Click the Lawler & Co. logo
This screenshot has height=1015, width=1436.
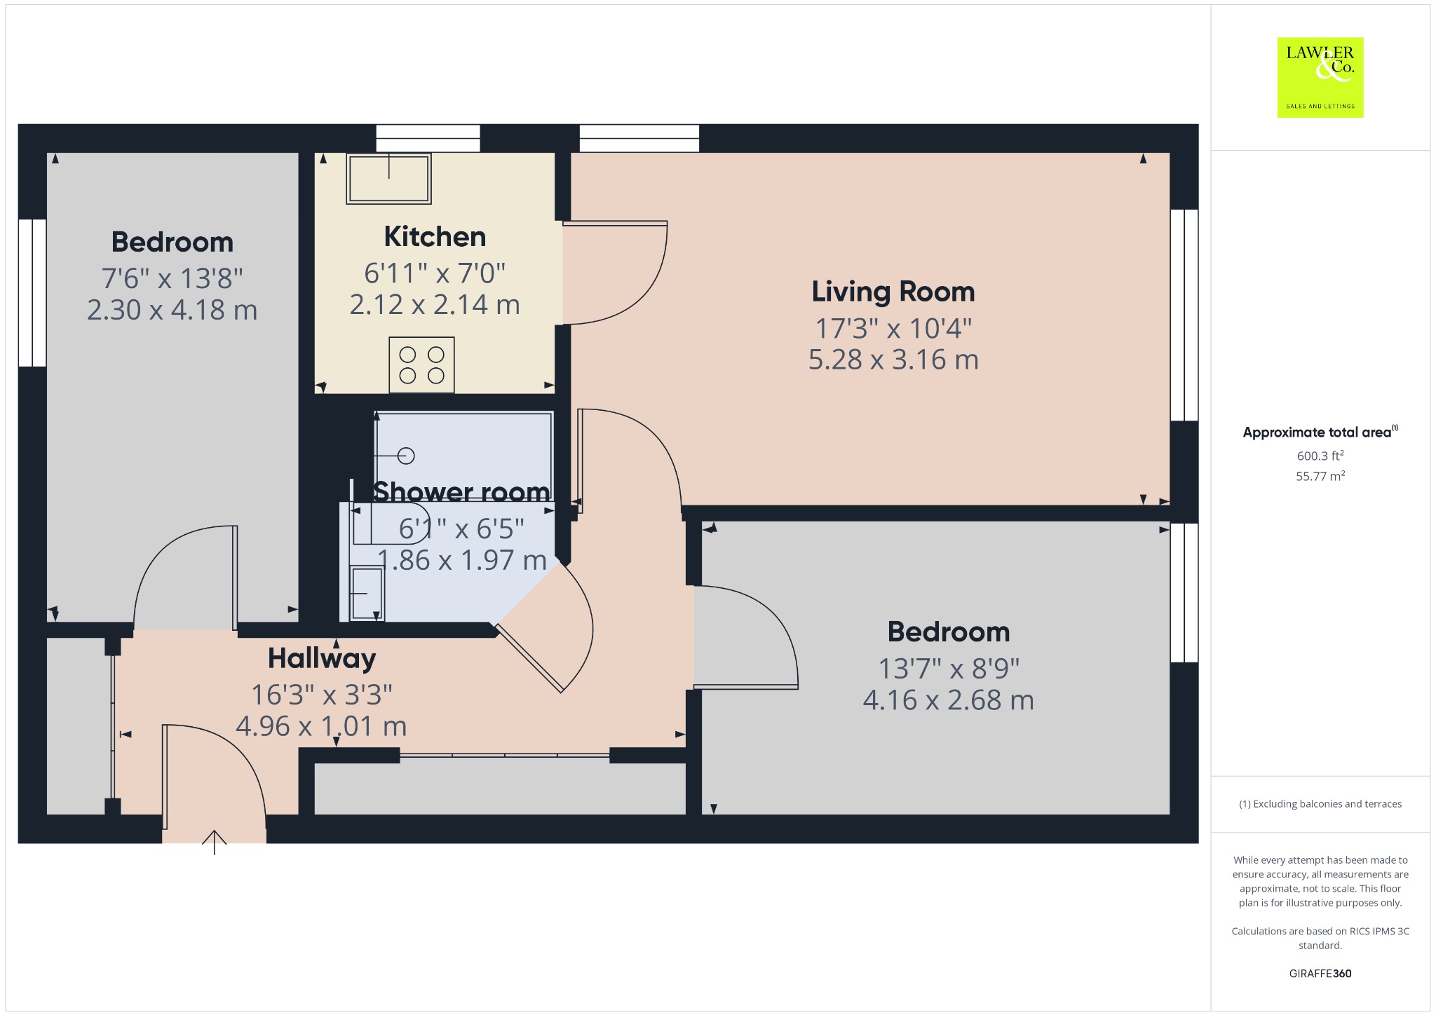1320,77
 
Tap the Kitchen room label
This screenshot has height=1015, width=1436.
435,237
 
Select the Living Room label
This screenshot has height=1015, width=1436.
893,292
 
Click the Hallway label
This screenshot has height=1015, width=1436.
322,659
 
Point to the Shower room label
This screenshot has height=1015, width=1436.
461,492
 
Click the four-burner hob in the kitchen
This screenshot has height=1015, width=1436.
421,365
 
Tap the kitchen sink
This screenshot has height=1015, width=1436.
388,179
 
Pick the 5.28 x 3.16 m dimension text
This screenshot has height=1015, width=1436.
893,360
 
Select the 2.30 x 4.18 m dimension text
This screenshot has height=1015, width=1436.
172,310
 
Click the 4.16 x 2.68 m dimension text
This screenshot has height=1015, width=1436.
949,700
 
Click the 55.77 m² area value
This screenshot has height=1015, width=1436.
1320,476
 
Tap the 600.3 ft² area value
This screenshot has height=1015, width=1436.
1320,456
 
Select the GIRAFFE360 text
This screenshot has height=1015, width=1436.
1320,974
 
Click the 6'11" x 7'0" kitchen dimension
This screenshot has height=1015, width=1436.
435,273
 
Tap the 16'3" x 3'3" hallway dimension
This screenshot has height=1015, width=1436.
322,695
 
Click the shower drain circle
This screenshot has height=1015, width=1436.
406,456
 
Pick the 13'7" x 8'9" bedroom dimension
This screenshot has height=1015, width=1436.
949,669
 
